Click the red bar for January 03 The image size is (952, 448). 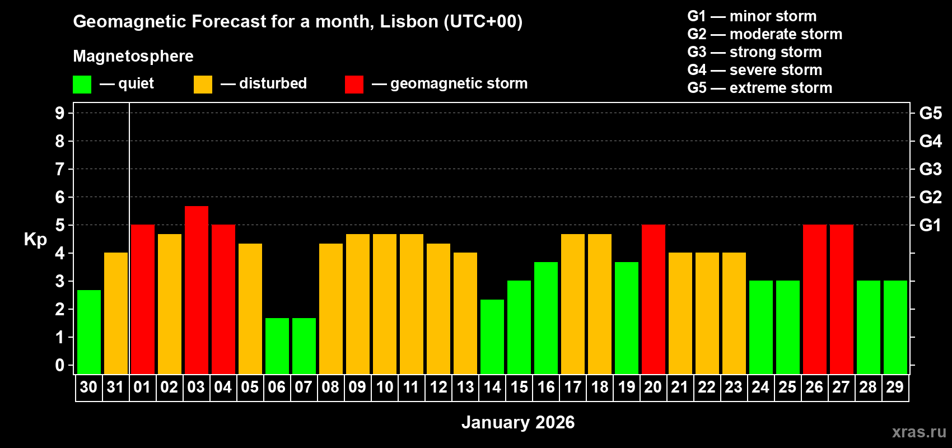[197, 290]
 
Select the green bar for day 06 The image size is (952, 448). [277, 346]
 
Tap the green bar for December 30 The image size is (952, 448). [89, 332]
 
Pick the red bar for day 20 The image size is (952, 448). [654, 299]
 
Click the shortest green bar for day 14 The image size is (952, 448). [492, 337]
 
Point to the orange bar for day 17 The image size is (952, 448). [573, 304]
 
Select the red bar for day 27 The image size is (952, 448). [842, 299]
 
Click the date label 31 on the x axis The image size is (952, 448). [115, 387]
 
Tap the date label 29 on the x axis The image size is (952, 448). [895, 387]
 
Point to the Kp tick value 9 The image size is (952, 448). [60, 113]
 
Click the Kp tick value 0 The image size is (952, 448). [60, 365]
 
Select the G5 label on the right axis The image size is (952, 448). [930, 113]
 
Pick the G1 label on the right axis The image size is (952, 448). [930, 225]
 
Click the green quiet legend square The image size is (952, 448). [82, 85]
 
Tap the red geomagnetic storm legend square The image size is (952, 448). [354, 85]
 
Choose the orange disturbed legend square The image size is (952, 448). [203, 85]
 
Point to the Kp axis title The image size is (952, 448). [35, 239]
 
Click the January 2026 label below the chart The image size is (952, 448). [518, 422]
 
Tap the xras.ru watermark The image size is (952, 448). [919, 431]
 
